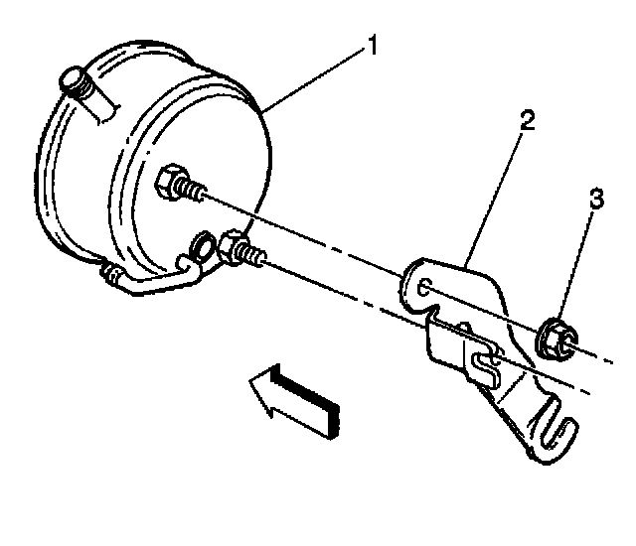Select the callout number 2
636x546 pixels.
pos(526,122)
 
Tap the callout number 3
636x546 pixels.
pos(596,200)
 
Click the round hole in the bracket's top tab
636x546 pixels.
pos(424,288)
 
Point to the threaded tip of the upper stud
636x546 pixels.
pos(200,194)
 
